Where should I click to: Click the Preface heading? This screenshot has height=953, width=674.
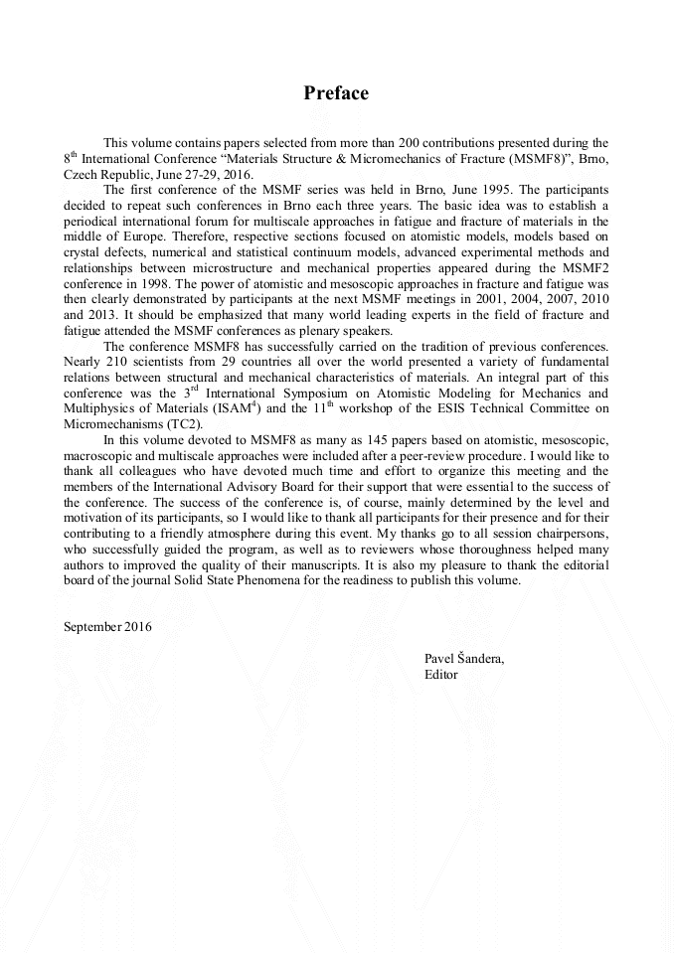coord(336,93)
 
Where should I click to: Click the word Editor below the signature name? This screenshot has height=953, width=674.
coord(440,674)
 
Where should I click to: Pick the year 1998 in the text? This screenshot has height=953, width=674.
coord(150,284)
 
